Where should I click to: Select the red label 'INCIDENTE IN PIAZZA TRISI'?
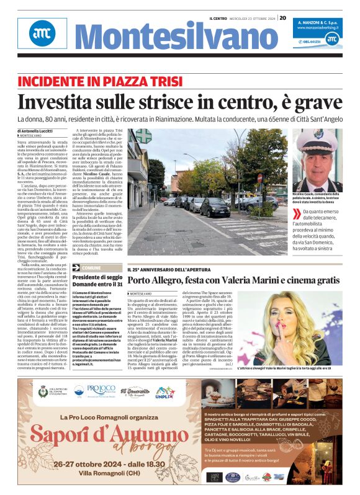coord(102,82)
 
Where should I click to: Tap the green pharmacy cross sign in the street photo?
coord(143,136)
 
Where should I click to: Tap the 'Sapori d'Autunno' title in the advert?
coord(88,437)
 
